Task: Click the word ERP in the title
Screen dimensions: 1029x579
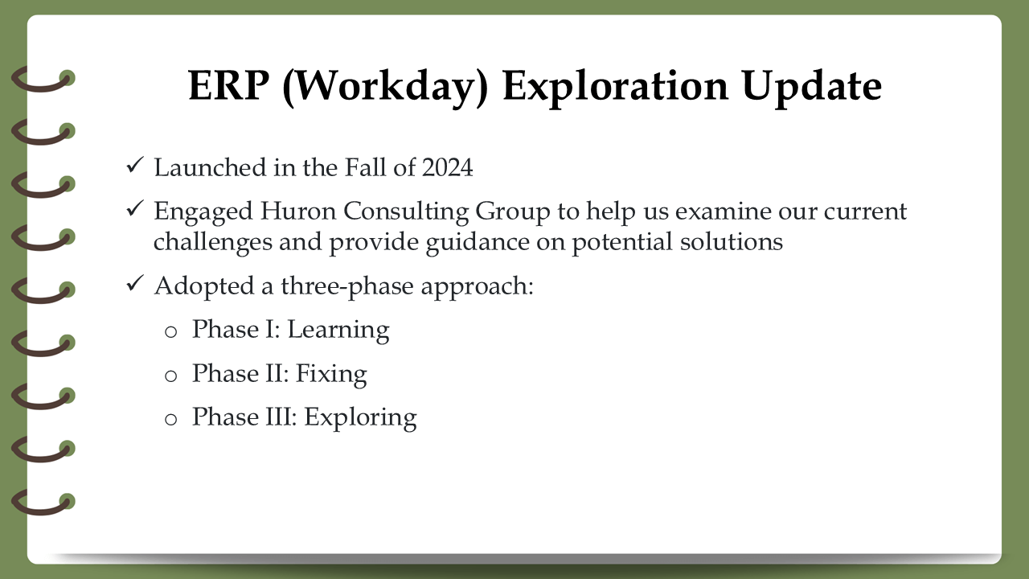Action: [229, 85]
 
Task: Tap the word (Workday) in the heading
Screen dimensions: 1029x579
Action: [385, 88]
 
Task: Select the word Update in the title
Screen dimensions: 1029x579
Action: [811, 88]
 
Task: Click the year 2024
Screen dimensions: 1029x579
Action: [447, 167]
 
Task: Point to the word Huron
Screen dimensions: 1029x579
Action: [297, 211]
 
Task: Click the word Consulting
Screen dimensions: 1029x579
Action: [406, 212]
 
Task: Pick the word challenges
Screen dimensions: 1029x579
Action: [213, 243]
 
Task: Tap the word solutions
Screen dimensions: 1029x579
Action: [732, 242]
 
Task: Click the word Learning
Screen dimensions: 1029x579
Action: [338, 331]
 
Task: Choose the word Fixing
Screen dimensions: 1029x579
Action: [331, 374]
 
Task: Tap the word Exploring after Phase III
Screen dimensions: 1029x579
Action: [360, 418]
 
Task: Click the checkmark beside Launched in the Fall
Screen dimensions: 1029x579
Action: [135, 165]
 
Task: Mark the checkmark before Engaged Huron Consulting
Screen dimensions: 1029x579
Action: [135, 208]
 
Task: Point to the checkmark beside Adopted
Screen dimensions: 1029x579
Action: [135, 283]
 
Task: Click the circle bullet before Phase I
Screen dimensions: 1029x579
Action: [171, 332]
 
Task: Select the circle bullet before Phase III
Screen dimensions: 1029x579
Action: [171, 420]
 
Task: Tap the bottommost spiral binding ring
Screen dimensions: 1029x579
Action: [41, 509]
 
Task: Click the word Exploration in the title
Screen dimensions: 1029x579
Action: [616, 88]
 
